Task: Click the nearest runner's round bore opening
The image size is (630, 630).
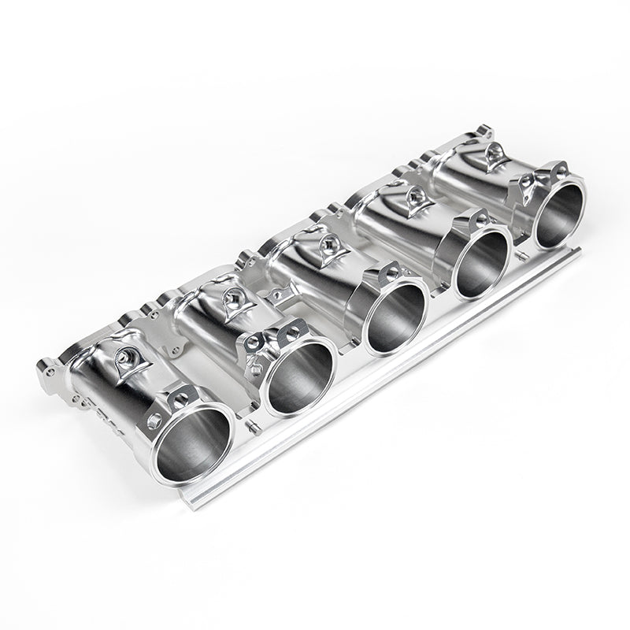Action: tap(193, 446)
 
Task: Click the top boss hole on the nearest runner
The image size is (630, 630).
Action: tap(125, 356)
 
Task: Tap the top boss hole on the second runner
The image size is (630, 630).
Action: tap(229, 297)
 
